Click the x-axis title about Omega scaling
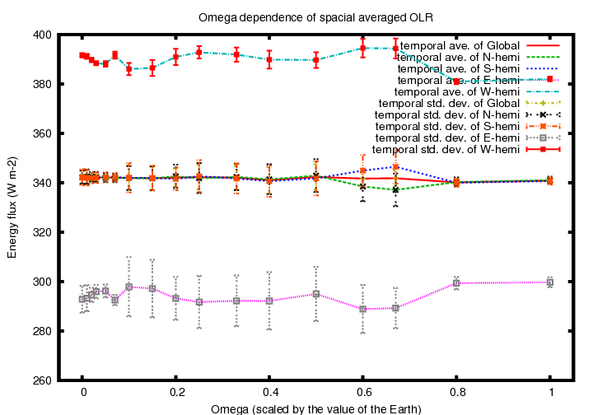[315, 409]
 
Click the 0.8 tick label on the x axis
[456, 393]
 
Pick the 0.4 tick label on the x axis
[269, 393]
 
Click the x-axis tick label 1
[549, 393]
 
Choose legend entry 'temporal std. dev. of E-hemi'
[446, 138]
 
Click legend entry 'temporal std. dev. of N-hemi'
[446, 114]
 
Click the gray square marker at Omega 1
[549, 282]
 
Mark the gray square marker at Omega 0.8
[456, 283]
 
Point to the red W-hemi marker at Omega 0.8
[456, 82]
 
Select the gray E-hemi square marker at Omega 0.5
[316, 294]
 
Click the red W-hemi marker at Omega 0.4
[269, 59]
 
